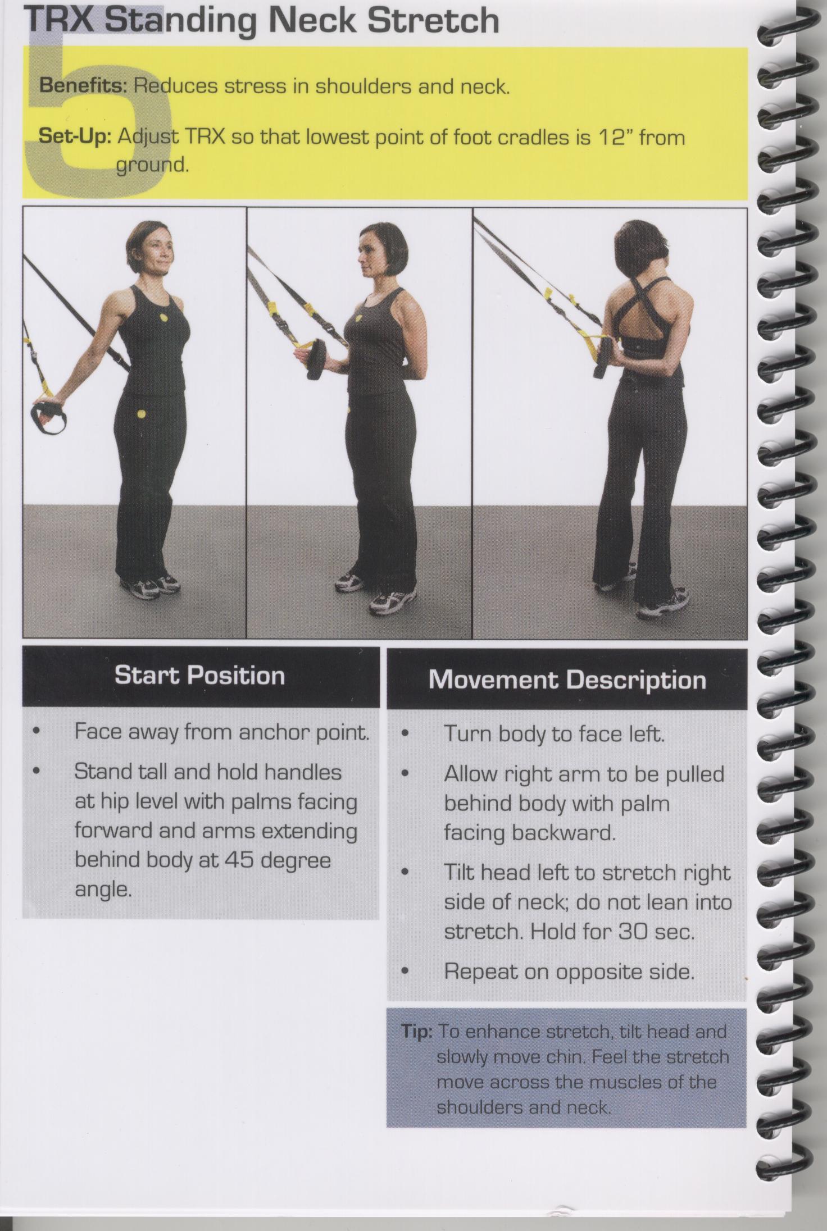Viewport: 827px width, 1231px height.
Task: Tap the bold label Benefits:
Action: (x=84, y=86)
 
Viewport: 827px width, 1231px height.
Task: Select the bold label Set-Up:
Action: (x=75, y=137)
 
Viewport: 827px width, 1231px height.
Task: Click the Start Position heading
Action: (x=199, y=675)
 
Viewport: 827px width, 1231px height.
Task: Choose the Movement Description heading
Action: (x=567, y=680)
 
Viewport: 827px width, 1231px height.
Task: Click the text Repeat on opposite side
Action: (x=569, y=972)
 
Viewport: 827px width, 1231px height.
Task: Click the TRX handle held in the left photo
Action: (x=48, y=416)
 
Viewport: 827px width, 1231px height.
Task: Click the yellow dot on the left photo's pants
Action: (x=141, y=415)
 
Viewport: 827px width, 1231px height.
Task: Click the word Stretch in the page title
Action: (x=433, y=21)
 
